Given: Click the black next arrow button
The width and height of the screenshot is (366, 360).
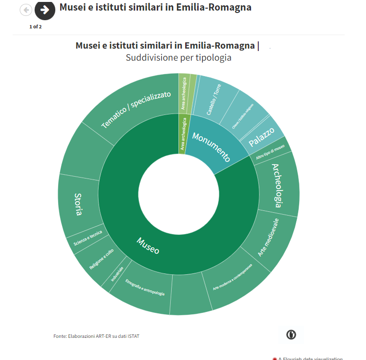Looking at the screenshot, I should [45, 10].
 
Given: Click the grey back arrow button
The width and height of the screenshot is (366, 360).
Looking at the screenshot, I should [25, 10].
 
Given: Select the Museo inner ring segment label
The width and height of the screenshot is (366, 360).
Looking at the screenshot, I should [148, 245].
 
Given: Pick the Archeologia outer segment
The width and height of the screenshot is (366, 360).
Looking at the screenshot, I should [278, 185].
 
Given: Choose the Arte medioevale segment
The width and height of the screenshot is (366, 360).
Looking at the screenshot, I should [268, 236].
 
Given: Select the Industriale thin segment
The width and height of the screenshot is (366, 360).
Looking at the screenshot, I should [117, 275].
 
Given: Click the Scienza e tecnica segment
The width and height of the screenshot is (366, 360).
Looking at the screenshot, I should [88, 238].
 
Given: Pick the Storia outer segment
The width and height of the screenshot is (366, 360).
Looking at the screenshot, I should [78, 204].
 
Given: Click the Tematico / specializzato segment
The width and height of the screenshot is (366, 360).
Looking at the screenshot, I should [136, 109].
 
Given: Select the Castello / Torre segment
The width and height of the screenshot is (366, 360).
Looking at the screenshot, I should [214, 99].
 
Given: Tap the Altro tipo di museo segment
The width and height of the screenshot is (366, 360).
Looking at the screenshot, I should [270, 150].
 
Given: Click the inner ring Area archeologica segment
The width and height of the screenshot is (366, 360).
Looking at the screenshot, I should [183, 134].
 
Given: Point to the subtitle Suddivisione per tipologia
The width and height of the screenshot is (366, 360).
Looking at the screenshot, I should [178, 58].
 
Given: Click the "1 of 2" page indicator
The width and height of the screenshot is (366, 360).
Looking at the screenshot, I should [36, 26].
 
